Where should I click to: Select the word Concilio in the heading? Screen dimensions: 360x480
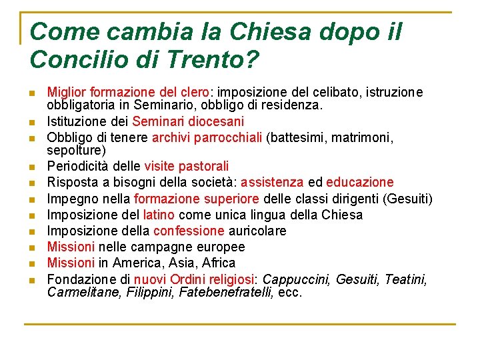(73, 61)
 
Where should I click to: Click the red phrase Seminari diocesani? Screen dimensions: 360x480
(188, 121)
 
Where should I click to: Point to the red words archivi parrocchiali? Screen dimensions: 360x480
(207, 137)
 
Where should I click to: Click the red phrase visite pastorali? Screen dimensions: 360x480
(186, 166)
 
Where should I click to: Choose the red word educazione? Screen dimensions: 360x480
(360, 182)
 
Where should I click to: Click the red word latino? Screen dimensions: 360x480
(159, 215)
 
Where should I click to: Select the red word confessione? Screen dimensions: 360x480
(189, 231)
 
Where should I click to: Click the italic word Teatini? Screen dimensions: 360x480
(406, 279)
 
